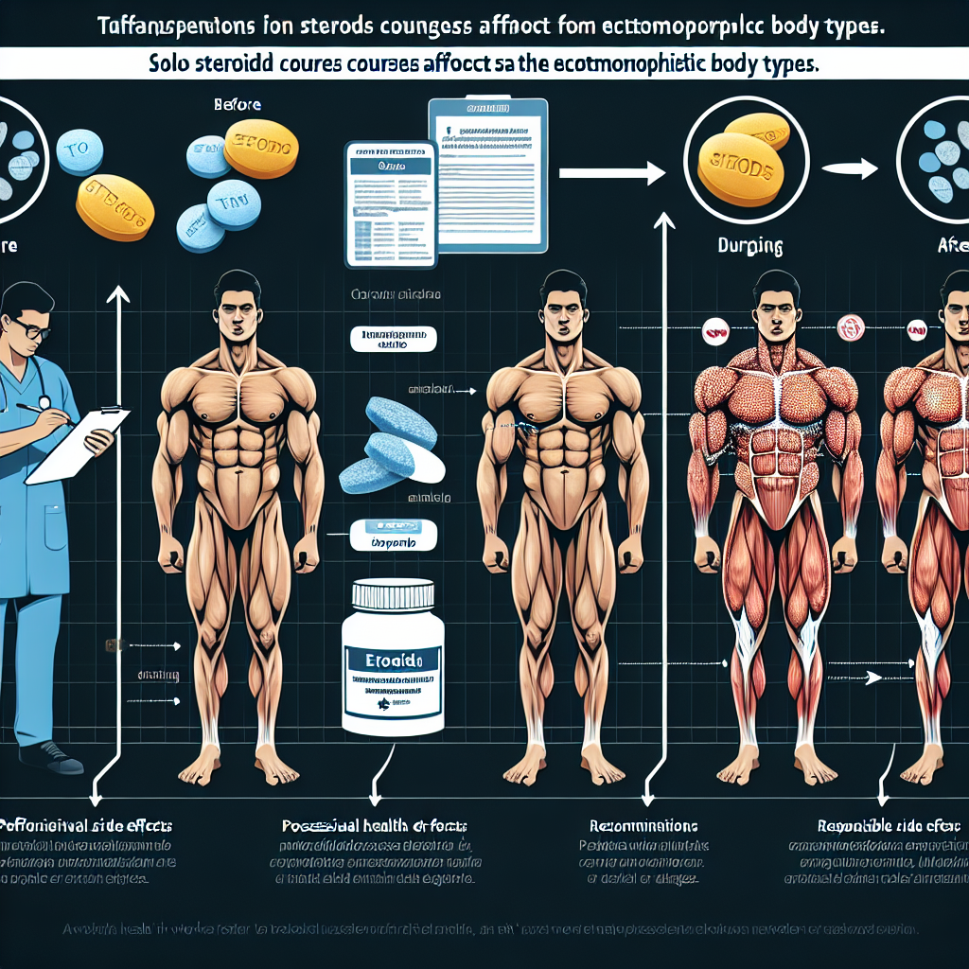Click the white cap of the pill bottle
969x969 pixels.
393,597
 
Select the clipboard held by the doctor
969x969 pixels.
71,443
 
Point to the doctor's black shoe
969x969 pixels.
52,756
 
